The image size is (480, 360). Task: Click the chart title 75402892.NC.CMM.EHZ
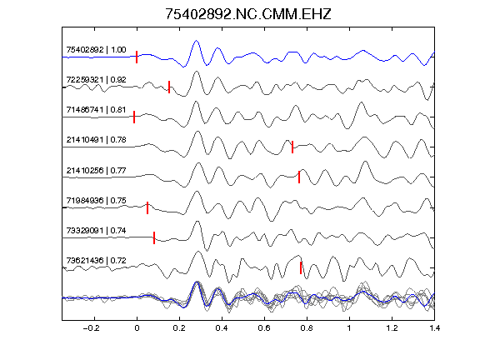coord(248,14)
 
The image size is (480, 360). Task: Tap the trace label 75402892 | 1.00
coord(96,50)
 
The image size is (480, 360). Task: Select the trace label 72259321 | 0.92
coord(96,80)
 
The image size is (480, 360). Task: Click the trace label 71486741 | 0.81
coord(96,110)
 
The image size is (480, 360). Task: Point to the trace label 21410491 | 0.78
coord(96,140)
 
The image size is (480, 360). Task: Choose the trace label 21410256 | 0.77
coord(96,170)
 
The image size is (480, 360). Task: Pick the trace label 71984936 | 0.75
coord(96,201)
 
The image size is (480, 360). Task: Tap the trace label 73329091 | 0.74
coord(96,231)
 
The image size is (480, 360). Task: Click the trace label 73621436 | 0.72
coord(96,261)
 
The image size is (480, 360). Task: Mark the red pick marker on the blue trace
coord(137,57)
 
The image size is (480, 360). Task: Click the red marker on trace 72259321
coord(169,87)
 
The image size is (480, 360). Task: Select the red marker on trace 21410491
coord(292,147)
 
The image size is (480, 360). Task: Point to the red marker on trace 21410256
coord(299,177)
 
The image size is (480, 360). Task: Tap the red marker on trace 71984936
coord(147,207)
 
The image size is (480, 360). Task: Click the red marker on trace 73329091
coord(154,237)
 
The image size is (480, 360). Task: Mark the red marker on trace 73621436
coord(301,267)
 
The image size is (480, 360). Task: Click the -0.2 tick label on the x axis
coord(91,328)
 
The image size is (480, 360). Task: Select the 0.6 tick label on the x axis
coord(264,328)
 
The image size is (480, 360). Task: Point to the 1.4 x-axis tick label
coord(434,328)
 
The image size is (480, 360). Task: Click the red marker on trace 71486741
coord(134,117)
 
